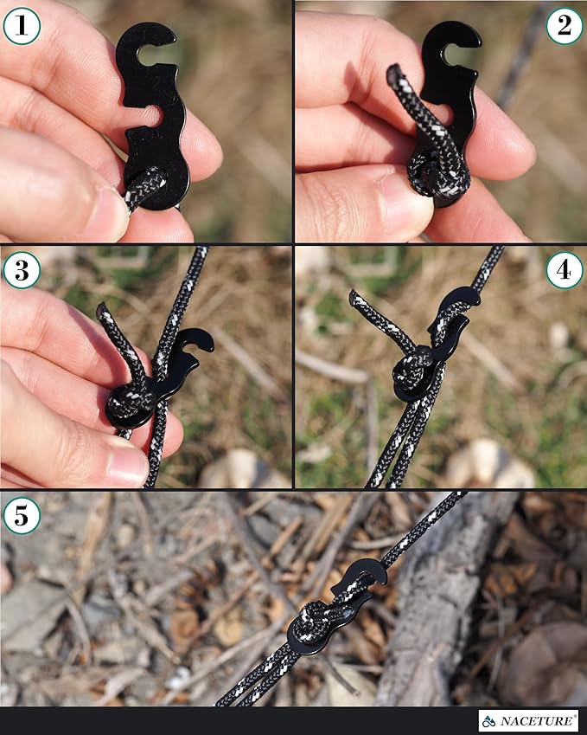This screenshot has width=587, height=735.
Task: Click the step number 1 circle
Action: (22, 26)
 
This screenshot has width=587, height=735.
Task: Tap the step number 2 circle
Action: (564, 26)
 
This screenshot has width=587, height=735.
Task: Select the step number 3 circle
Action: (22, 271)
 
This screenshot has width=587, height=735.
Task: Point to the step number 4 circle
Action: (564, 271)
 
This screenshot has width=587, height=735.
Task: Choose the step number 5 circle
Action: (22, 517)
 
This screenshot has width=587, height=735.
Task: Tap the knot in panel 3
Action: (131, 400)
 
